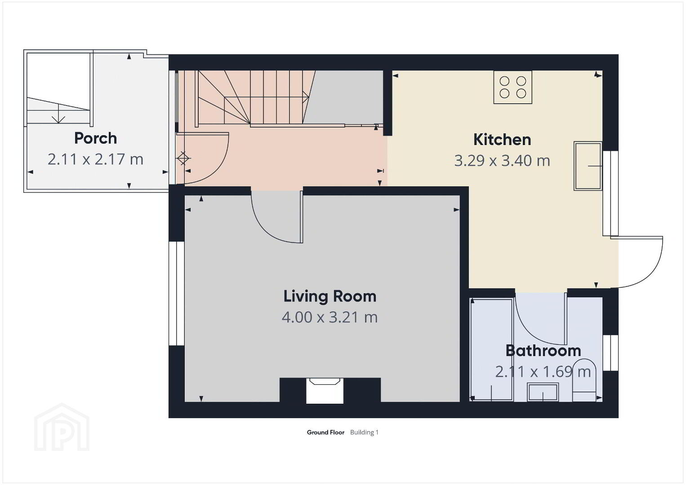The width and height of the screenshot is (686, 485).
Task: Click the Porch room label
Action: pyautogui.click(x=96, y=138)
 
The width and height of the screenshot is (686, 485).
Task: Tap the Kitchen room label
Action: pyautogui.click(x=502, y=140)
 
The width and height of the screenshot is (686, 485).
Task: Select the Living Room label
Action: pyautogui.click(x=330, y=296)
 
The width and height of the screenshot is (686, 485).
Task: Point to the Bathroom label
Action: pyautogui.click(x=543, y=351)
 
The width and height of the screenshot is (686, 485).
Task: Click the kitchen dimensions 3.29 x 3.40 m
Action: pyautogui.click(x=502, y=161)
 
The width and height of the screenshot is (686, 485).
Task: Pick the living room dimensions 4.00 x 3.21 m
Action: pyautogui.click(x=330, y=317)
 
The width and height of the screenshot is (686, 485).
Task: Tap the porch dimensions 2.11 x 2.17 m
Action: pyautogui.click(x=96, y=159)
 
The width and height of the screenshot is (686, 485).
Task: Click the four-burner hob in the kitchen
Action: pyautogui.click(x=512, y=87)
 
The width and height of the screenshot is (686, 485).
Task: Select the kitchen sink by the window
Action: pyautogui.click(x=588, y=166)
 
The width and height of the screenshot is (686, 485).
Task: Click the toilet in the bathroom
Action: pyautogui.click(x=584, y=380)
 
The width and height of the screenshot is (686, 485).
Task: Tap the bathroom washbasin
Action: pyautogui.click(x=543, y=392)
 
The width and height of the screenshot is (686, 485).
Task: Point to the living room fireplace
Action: pyautogui.click(x=325, y=391)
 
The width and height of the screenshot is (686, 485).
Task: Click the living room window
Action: pyautogui.click(x=177, y=294)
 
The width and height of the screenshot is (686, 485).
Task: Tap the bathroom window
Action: pyautogui.click(x=610, y=353)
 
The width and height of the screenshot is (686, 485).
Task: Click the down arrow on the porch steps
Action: pyautogui.click(x=58, y=113)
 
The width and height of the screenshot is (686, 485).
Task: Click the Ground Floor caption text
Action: pyautogui.click(x=325, y=432)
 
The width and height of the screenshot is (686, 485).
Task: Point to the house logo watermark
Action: pyautogui.click(x=62, y=427)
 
